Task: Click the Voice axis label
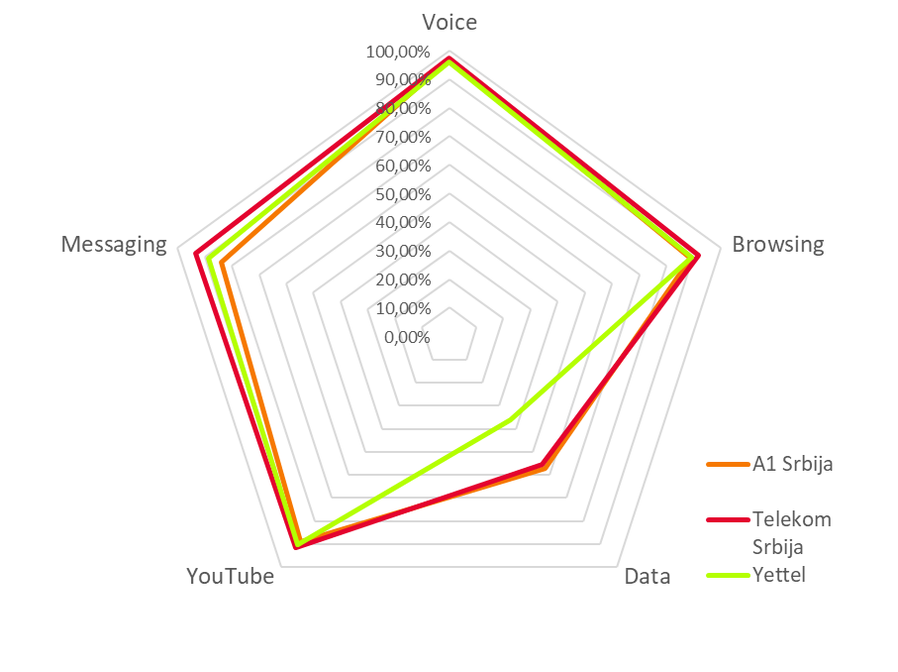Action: point(449,22)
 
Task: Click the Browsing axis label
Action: point(777,245)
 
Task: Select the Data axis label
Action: point(647,577)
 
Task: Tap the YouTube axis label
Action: point(230,577)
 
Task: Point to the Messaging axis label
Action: point(114,245)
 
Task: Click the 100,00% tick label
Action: point(397,52)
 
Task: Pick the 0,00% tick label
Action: point(407,337)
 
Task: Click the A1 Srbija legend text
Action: point(792,464)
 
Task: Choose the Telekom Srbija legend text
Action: point(790,532)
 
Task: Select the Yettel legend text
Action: point(778,574)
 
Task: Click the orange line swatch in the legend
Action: point(727,464)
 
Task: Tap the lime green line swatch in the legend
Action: point(727,574)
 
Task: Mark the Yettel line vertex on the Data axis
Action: point(513,420)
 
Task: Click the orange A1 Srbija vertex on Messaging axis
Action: point(222,263)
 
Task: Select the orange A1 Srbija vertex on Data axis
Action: point(546,469)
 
